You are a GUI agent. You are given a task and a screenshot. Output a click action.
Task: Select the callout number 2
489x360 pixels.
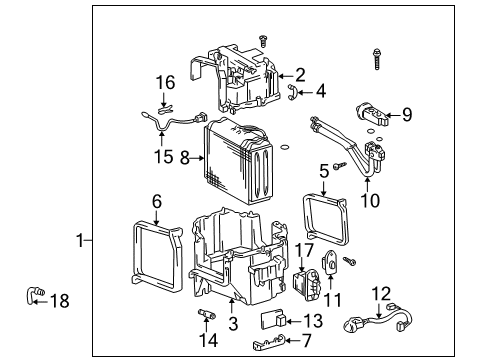[x=301, y=74]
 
